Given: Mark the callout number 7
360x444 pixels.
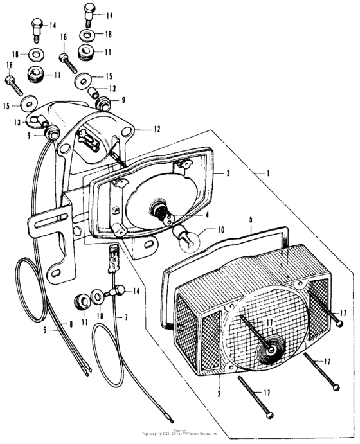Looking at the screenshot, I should tap(126, 317).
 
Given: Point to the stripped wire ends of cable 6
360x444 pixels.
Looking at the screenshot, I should tap(85, 369).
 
